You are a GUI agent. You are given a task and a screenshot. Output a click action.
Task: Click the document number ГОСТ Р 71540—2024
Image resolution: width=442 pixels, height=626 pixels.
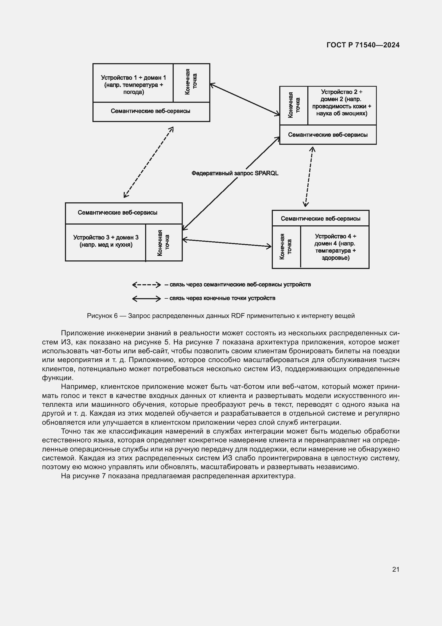tap(363, 45)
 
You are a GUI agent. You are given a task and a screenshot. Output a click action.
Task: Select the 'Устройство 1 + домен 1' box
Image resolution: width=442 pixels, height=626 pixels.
tap(133, 85)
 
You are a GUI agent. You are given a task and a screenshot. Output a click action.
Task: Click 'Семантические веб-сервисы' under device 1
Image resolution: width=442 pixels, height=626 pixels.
tap(150, 111)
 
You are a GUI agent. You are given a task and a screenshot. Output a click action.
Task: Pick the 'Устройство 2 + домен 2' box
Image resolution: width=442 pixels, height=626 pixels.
tap(342, 103)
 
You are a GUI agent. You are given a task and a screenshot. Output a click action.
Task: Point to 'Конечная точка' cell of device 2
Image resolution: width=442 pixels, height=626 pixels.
tap(294, 105)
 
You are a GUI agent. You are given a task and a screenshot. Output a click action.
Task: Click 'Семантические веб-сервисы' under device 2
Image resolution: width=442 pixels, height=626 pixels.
tap(328, 135)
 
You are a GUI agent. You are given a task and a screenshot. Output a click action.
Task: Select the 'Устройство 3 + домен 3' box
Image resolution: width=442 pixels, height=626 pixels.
tap(106, 241)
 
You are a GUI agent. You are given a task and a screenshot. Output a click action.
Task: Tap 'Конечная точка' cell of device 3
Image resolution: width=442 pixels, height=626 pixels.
tap(164, 243)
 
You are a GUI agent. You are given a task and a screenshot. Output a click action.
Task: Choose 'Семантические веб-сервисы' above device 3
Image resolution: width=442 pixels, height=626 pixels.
tap(118, 213)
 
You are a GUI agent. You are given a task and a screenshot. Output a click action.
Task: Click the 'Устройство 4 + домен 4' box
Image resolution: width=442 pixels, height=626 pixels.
tap(335, 247)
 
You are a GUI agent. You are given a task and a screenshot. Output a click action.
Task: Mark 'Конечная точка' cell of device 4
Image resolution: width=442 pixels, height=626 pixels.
tap(286, 247)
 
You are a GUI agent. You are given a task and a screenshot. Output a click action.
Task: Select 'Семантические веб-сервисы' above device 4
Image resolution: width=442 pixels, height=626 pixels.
tap(320, 219)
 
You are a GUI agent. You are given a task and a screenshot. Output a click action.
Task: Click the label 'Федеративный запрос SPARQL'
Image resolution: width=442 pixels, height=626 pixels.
tap(235, 173)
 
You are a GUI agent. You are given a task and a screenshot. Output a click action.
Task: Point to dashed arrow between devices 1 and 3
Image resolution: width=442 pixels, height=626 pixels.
tap(148, 162)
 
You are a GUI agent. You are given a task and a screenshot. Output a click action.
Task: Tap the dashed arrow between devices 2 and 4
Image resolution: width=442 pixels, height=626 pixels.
tap(309, 177)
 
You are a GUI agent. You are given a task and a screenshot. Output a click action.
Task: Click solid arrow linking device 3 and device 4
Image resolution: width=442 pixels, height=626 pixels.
tap(227, 243)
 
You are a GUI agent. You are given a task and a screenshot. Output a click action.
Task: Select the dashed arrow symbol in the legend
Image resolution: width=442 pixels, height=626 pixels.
tap(146, 285)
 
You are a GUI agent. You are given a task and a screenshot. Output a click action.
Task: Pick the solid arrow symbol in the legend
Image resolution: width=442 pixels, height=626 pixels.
tap(146, 299)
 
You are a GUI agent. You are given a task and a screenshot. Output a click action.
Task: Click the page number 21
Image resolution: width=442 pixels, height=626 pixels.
tap(396, 569)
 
